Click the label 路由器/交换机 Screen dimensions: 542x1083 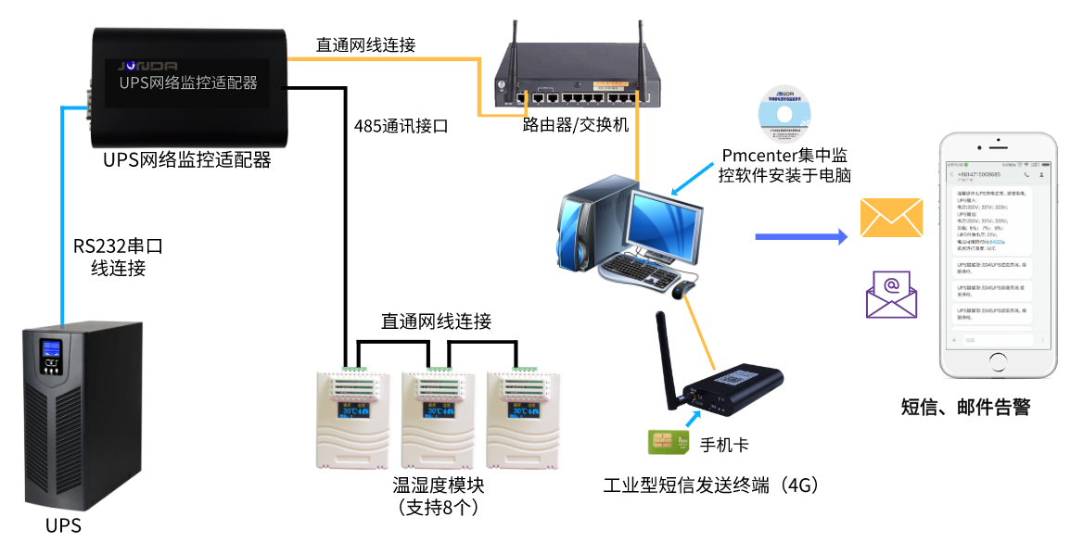(x=576, y=125)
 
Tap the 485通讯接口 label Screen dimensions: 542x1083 (x=401, y=126)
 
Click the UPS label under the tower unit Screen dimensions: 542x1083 (x=63, y=526)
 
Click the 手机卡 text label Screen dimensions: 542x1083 (x=724, y=444)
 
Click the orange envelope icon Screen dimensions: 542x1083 (x=891, y=218)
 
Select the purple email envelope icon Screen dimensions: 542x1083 (x=891, y=295)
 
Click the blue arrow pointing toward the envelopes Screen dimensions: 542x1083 (x=801, y=237)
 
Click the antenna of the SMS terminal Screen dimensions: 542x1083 (x=664, y=357)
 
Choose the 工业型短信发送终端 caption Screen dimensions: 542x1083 (x=712, y=485)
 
